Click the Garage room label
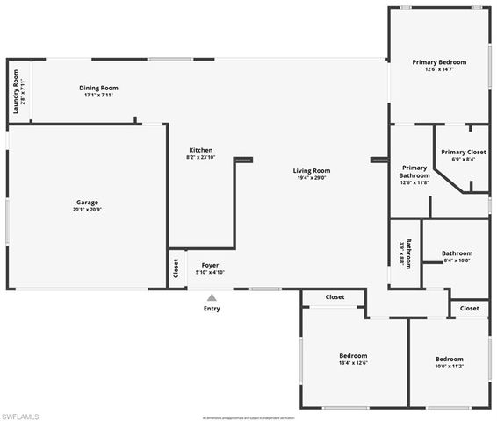(x=86, y=203)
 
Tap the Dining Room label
(x=98, y=88)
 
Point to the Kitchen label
(x=200, y=150)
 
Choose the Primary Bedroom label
(x=439, y=62)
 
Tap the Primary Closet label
(x=464, y=152)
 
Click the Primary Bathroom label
(x=414, y=171)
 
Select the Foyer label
(x=210, y=265)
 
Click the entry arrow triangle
(x=212, y=298)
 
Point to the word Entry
(x=212, y=309)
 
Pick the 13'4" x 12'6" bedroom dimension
(x=353, y=363)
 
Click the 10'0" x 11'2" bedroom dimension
(x=450, y=367)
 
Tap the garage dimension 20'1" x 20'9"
(x=86, y=210)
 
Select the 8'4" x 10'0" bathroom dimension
(x=457, y=260)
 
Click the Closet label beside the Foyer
(x=176, y=267)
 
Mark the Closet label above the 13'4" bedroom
(x=335, y=297)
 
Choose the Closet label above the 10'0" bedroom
(x=469, y=309)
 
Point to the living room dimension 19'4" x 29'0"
(x=311, y=178)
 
